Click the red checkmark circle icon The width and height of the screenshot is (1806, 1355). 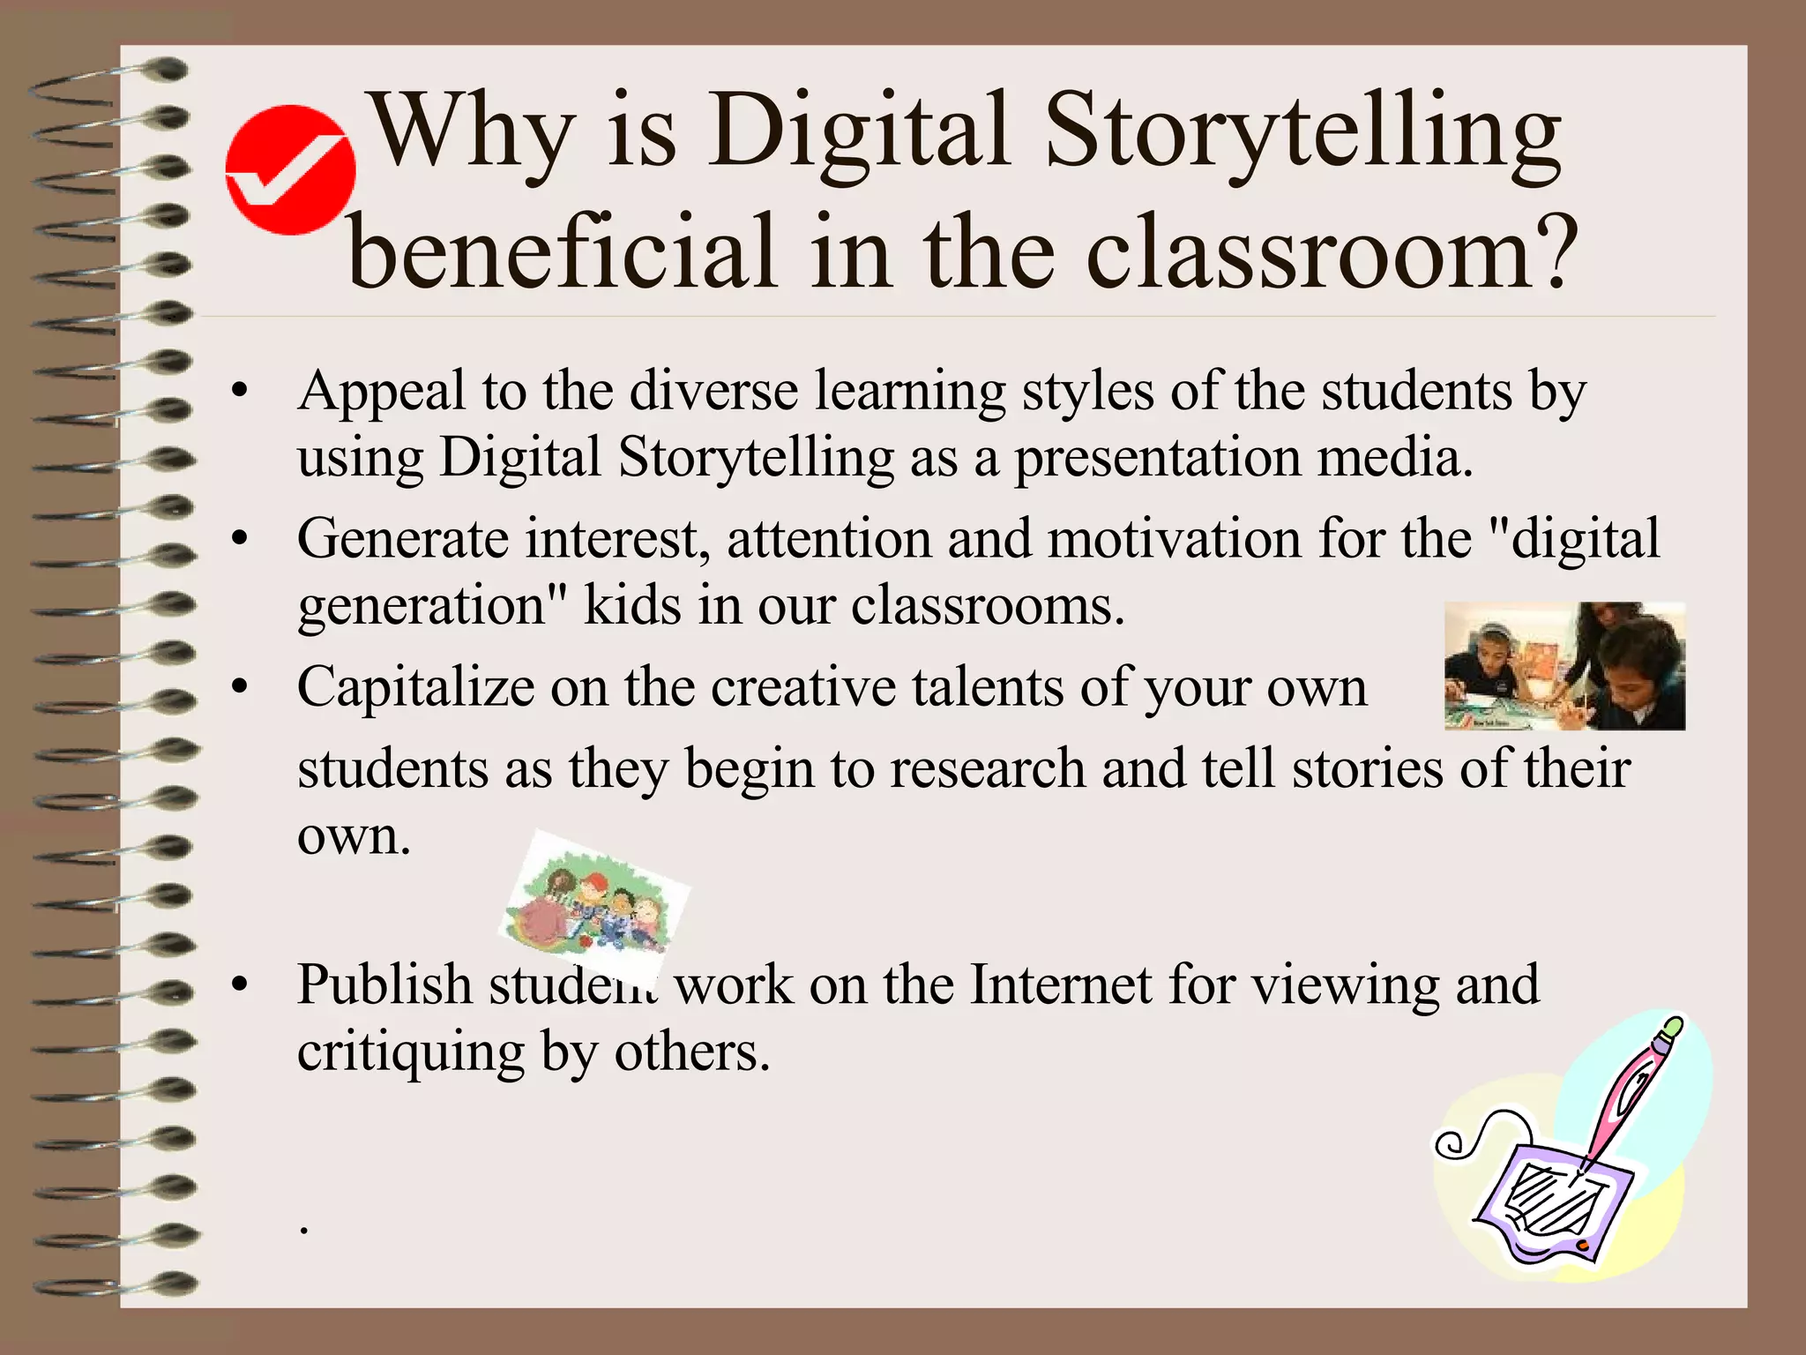pyautogui.click(x=290, y=169)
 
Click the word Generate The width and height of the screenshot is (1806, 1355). pyautogui.click(x=403, y=539)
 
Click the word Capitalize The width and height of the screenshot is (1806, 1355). pyautogui.click(x=415, y=688)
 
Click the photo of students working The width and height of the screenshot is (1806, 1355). pyautogui.click(x=1564, y=666)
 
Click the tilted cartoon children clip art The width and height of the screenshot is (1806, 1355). pyautogui.click(x=593, y=902)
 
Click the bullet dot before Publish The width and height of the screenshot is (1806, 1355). pyautogui.click(x=238, y=987)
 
